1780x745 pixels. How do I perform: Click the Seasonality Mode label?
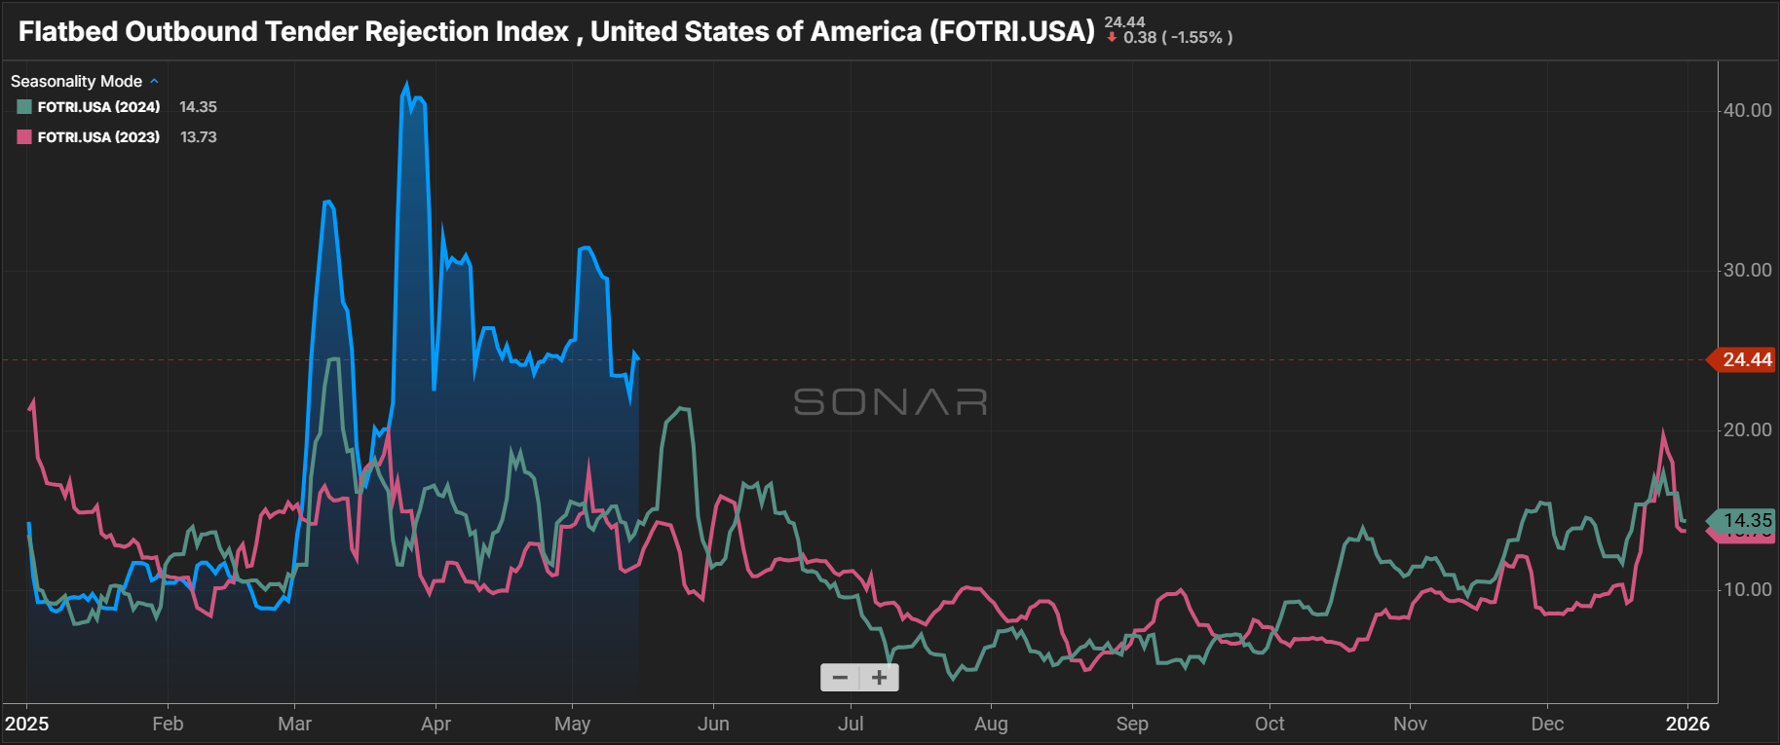pos(76,82)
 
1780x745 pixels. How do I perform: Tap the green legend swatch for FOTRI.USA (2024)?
pos(24,107)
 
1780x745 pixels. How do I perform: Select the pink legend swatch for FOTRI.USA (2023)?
pos(24,137)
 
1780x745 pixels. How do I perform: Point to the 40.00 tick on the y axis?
pos(1747,111)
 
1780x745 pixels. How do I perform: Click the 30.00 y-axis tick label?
pos(1747,271)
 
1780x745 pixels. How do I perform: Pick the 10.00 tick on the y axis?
pos(1747,590)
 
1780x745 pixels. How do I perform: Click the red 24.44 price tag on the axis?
pos(1746,360)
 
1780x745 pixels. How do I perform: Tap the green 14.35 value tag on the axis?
pos(1746,520)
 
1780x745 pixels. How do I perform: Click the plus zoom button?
pos(879,678)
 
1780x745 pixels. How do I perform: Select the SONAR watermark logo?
pos(890,402)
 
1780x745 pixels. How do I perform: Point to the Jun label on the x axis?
pos(713,724)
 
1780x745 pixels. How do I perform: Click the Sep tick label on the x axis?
pos(1132,724)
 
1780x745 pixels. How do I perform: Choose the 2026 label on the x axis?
pos(1687,724)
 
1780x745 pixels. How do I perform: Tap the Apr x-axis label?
pos(436,724)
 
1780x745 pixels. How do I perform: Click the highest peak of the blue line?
pos(406,85)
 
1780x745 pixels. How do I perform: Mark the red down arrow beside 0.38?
pos(1112,38)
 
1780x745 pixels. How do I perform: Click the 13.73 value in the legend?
pos(199,137)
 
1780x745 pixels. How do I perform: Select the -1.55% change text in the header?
pos(1196,38)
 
